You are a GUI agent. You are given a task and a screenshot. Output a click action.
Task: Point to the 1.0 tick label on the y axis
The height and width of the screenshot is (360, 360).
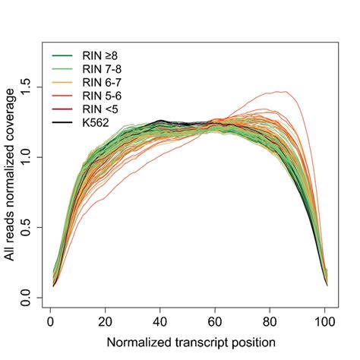pos(27,157)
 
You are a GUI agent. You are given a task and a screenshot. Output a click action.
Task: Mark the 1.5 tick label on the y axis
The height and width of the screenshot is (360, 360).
pos(27,87)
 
